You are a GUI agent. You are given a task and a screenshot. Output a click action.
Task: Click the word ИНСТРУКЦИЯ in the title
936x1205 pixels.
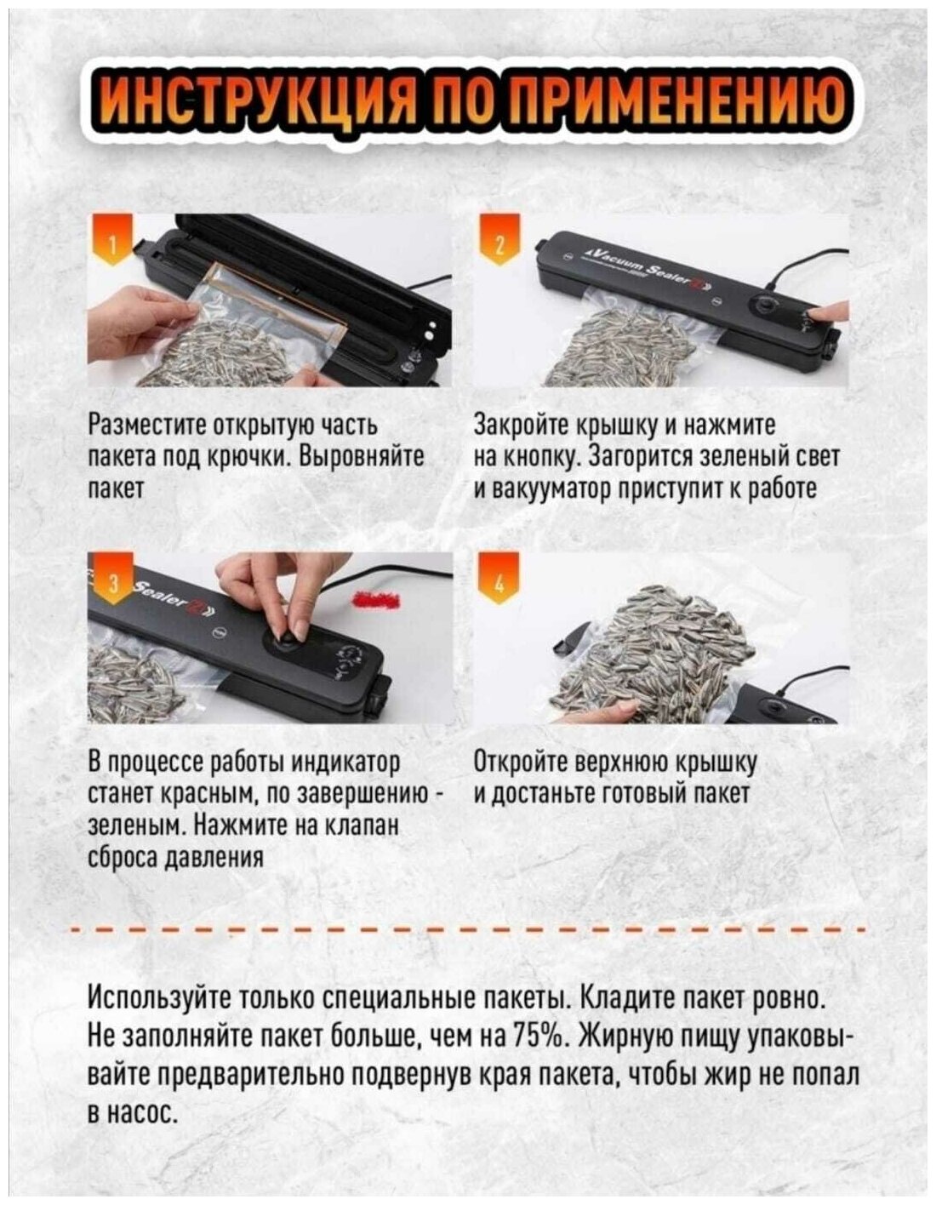coord(260,106)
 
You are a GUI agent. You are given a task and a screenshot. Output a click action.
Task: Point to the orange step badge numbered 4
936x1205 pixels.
coord(499,582)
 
